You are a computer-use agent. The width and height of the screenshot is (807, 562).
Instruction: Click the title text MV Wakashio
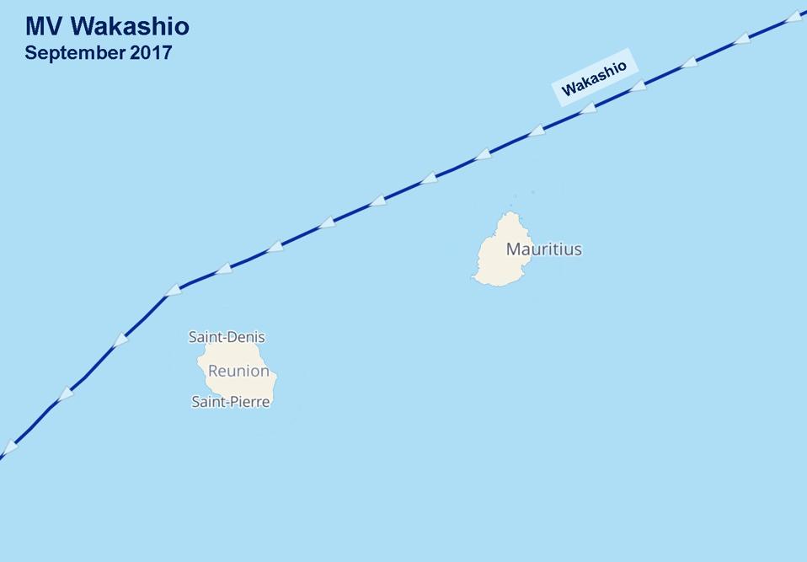coord(107,26)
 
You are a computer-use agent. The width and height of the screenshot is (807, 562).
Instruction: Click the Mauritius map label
coord(543,249)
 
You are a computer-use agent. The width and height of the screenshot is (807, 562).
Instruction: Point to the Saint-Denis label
coord(226,337)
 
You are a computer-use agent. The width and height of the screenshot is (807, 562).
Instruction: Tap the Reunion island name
coord(238,371)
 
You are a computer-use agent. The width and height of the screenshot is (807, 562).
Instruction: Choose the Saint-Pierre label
coord(231,402)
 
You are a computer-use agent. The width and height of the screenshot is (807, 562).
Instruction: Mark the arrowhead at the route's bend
coord(173,290)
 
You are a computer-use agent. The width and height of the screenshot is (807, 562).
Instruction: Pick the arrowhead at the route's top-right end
coord(793,17)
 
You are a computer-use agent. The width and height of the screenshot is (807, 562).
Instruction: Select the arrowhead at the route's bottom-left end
coord(9,447)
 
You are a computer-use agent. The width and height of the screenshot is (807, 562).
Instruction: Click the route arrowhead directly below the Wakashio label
coord(588,109)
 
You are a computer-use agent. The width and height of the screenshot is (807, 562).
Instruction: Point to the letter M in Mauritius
coord(512,249)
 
